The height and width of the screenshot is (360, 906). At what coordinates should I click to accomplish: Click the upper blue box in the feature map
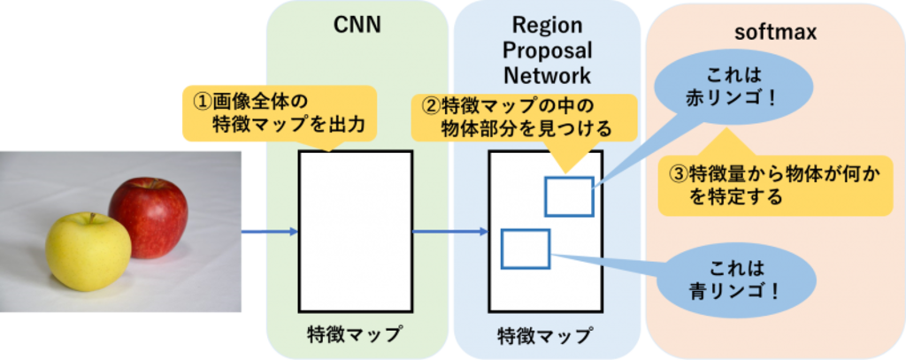point(569,196)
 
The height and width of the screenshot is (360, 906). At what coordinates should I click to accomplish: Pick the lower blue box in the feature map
point(526,248)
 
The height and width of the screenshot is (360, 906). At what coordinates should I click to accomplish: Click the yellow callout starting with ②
point(514,119)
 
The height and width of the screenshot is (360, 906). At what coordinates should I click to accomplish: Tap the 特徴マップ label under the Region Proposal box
point(544,335)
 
